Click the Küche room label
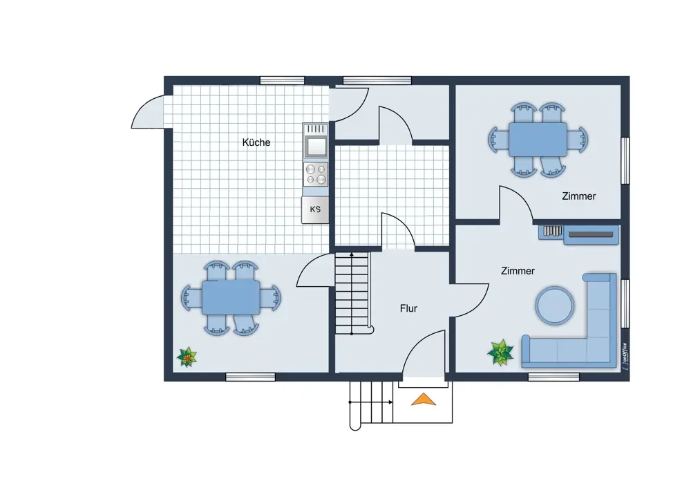coord(256,142)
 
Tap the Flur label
coord(408,308)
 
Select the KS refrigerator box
coord(315,209)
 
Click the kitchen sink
coord(315,146)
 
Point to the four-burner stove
coord(315,174)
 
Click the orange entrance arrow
coord(424,400)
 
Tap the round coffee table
coord(554,304)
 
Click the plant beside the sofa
coord(500,352)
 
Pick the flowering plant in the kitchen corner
coord(187,357)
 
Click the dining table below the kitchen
coord(231,297)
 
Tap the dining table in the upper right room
coord(538,139)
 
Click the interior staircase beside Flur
coord(352,293)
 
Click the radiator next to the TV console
coord(551,232)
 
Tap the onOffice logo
coord(623,355)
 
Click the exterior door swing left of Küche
coord(149,113)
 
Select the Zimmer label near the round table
coord(518,271)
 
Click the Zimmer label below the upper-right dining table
coord(578,196)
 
